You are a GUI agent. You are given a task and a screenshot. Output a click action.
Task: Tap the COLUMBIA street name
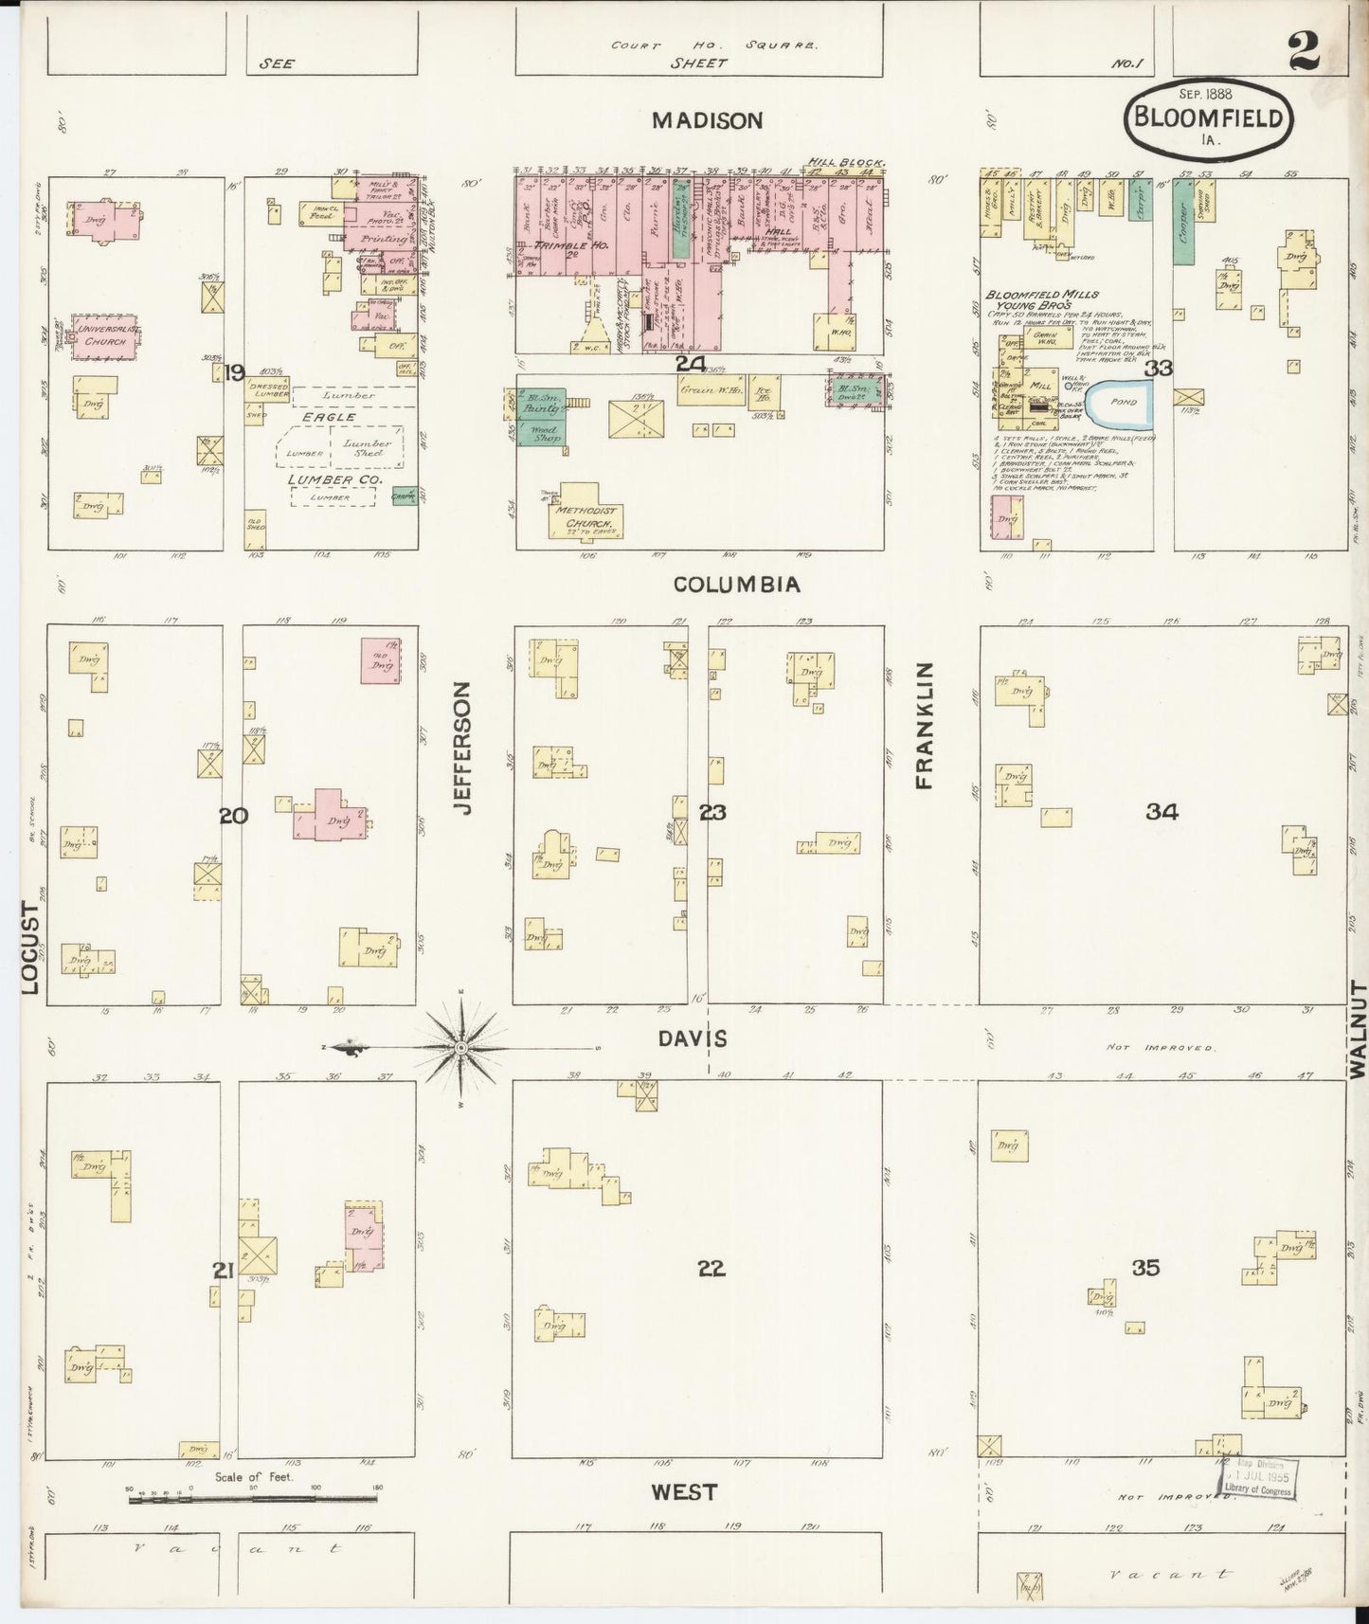[x=736, y=585]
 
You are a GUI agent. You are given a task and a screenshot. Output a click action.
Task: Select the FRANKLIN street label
[x=924, y=725]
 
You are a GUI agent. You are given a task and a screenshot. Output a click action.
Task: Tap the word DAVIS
[x=693, y=1039]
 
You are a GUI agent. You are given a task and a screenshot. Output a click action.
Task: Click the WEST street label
[x=684, y=1492]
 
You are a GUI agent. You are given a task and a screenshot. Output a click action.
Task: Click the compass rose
[x=460, y=1048]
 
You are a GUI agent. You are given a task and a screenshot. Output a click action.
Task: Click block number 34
[x=1161, y=811]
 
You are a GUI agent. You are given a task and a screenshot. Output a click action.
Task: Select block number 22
[x=711, y=1269]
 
